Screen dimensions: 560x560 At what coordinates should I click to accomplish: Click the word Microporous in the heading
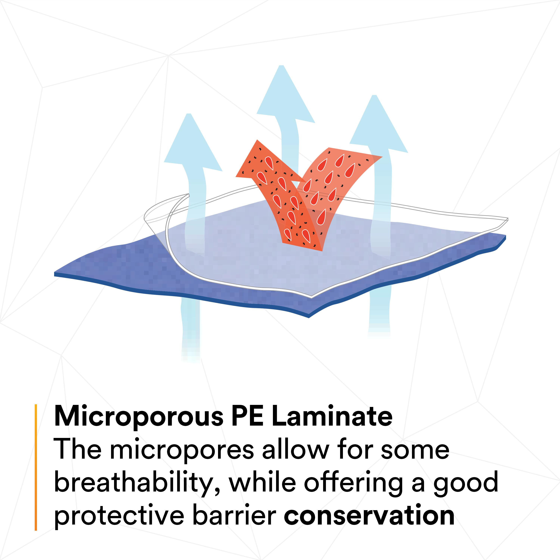(x=139, y=417)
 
